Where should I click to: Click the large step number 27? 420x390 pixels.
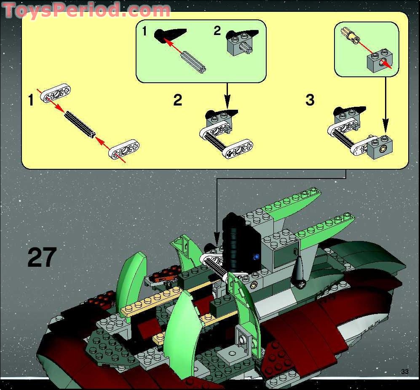click(42, 257)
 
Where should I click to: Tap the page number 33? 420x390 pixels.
click(404, 371)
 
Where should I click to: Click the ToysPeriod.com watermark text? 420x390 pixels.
click(86, 10)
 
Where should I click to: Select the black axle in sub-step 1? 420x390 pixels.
click(80, 123)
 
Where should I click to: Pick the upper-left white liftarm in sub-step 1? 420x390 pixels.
click(56, 93)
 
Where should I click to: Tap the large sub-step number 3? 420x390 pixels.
click(310, 100)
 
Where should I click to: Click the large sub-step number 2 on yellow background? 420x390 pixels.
click(178, 100)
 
